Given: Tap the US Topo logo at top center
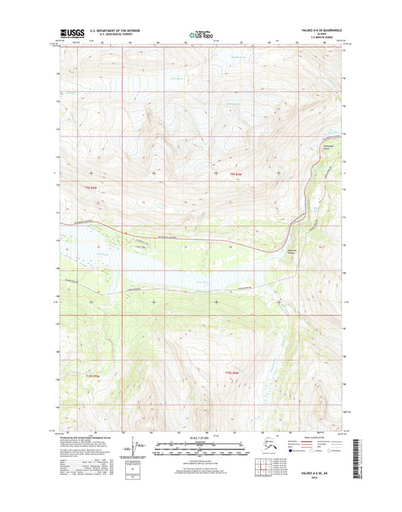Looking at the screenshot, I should coord(200,33).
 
